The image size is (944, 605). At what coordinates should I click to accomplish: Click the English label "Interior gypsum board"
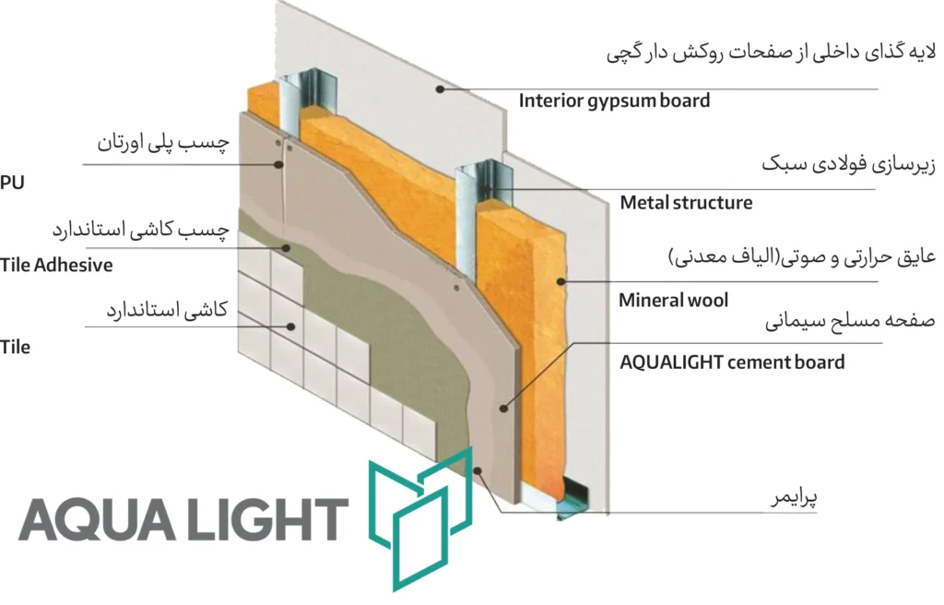(x=614, y=101)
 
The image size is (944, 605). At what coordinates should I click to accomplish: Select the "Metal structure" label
(x=686, y=202)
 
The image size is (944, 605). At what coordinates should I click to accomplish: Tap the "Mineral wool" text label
(x=673, y=300)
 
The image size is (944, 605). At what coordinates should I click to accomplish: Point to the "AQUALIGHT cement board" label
(x=732, y=362)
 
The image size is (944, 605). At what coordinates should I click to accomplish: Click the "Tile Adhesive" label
(x=56, y=266)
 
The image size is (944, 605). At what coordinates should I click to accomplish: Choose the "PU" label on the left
(x=12, y=183)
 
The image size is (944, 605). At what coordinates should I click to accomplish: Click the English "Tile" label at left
(x=15, y=347)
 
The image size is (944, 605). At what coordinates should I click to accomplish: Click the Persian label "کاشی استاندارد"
(x=169, y=311)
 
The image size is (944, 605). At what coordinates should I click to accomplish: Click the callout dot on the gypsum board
(x=441, y=89)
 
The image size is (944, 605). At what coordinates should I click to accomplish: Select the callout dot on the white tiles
(x=291, y=326)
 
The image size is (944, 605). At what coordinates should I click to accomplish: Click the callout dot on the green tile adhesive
(x=289, y=247)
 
